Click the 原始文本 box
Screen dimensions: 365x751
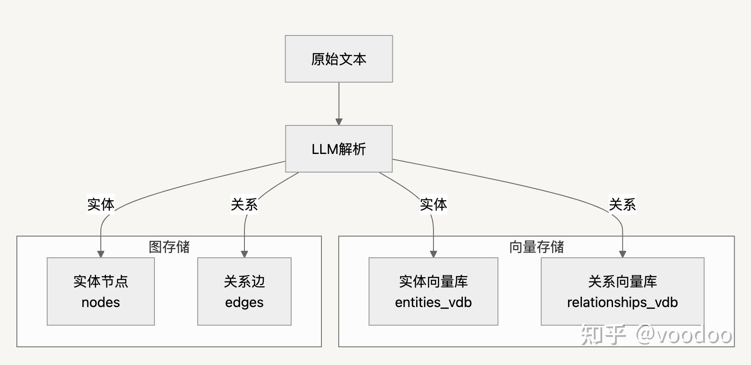[x=339, y=59]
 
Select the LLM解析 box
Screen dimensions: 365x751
[x=339, y=149]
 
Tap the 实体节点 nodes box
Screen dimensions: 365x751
[x=101, y=291]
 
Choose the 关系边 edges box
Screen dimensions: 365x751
[x=244, y=291]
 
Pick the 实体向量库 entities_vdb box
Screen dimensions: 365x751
[x=433, y=291]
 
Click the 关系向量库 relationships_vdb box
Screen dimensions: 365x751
[x=623, y=291]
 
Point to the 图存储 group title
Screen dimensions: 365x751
[x=169, y=247]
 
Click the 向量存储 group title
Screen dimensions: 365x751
[x=536, y=247]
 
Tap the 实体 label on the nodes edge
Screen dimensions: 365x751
[x=101, y=205]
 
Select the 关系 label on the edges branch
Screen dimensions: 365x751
[x=244, y=205]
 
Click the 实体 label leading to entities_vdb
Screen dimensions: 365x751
[x=433, y=205]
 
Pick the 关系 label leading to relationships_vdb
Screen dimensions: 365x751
[x=623, y=205]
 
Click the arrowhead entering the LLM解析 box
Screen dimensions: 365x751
[x=339, y=122]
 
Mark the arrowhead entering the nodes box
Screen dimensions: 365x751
[x=101, y=254]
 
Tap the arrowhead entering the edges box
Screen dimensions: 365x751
[x=244, y=254]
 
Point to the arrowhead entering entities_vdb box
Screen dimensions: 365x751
[x=433, y=254]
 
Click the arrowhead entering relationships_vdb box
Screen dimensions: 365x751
[x=623, y=254]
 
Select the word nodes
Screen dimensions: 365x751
[x=101, y=302]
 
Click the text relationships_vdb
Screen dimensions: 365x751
[x=623, y=302]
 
